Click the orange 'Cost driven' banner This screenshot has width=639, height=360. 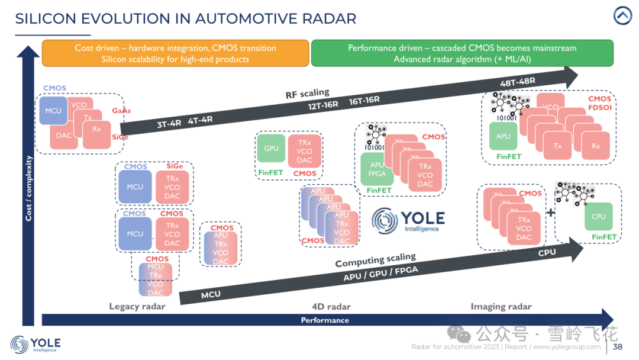click(x=175, y=53)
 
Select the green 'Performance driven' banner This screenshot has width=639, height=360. click(x=461, y=53)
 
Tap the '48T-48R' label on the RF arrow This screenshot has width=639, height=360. click(x=518, y=82)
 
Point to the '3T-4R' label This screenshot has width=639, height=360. click(x=169, y=124)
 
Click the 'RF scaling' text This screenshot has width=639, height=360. click(x=307, y=94)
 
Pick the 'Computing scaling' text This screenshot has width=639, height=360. click(x=375, y=260)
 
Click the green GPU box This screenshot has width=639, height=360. click(x=271, y=149)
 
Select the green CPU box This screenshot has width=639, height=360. click(x=599, y=217)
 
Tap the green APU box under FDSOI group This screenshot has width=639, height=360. click(x=503, y=136)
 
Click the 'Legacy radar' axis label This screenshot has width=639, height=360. click(x=137, y=306)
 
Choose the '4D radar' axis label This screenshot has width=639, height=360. click(x=331, y=306)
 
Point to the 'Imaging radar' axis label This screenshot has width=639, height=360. click(x=501, y=306)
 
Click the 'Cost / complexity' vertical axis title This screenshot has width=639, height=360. click(x=28, y=188)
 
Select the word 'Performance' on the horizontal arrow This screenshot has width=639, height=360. click(x=325, y=320)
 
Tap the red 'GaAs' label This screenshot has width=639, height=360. click(x=121, y=111)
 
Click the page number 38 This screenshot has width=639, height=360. click(x=617, y=347)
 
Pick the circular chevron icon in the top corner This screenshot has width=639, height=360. click(x=622, y=16)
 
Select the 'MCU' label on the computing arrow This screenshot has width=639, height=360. click(x=211, y=294)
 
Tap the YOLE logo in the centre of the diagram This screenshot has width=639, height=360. click(x=408, y=220)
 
